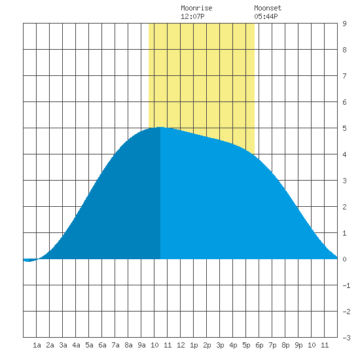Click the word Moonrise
[196, 8]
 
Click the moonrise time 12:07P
[192, 16]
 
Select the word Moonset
[268, 8]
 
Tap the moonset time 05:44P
[266, 16]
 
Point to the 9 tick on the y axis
[344, 24]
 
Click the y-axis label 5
[344, 128]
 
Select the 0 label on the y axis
[344, 259]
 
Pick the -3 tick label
[346, 338]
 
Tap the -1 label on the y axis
[346, 285]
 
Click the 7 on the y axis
[344, 76]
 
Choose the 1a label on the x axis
[37, 345]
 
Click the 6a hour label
[102, 345]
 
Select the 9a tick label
[141, 345]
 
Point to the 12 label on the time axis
[181, 345]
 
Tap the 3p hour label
[220, 345]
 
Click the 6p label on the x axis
[259, 345]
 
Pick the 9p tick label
[298, 345]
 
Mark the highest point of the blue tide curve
[160, 127]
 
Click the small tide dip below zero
[29, 261]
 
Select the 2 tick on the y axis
[344, 207]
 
